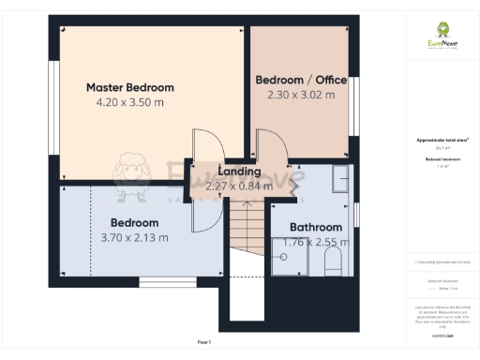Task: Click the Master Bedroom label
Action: [x=130, y=87]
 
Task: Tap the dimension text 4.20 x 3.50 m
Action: [x=130, y=101]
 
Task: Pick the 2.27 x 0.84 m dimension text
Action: [x=239, y=186]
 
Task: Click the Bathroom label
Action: [x=315, y=227]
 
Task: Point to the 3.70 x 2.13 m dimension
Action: [x=134, y=237]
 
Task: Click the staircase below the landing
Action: [x=247, y=229]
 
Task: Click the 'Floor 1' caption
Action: [x=204, y=343]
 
